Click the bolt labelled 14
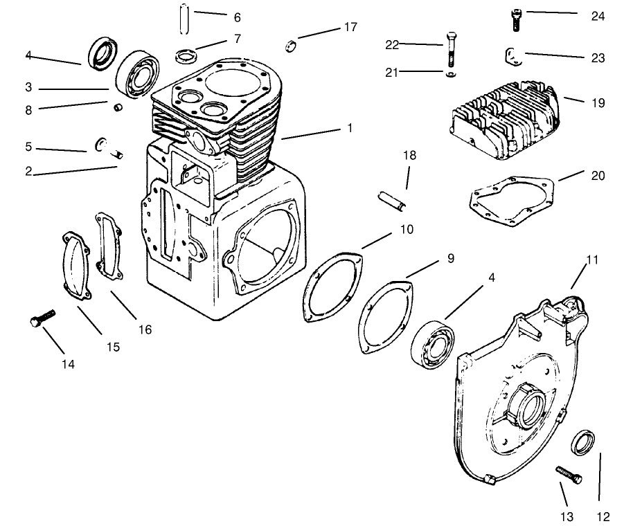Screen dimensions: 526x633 [42, 320]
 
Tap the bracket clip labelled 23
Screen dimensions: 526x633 [512, 56]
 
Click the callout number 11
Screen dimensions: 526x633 [592, 261]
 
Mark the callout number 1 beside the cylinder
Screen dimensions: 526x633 [350, 129]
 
